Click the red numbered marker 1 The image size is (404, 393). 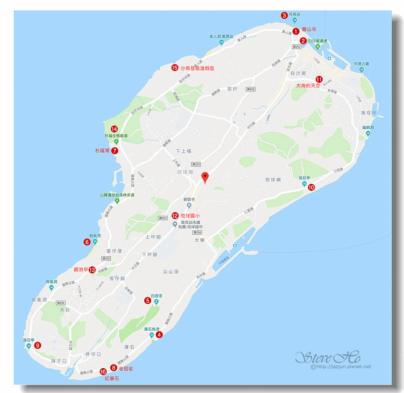point(296,31)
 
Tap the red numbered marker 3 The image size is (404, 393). point(284,15)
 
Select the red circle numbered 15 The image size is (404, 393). point(175,68)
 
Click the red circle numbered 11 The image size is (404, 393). point(319,79)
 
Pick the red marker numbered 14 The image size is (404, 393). point(114,129)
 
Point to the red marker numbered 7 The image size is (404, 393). point(115,150)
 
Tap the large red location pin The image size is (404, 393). point(205,177)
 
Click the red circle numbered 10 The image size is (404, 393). point(311,187)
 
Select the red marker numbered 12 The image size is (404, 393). point(175,215)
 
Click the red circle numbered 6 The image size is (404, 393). point(87,242)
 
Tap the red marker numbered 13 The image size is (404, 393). point(92,269)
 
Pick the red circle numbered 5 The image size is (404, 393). point(148,300)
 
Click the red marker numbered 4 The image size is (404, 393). point(159,334)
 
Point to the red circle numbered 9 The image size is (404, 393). point(38,345)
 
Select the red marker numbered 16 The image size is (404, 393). point(103,371)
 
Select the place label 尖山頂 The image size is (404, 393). point(170,271)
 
